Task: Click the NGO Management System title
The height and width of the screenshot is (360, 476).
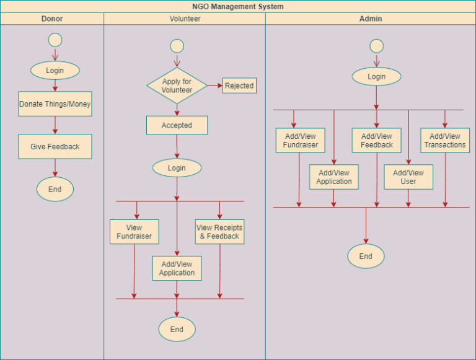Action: coord(238,7)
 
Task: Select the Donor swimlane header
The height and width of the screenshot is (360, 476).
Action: coord(52,19)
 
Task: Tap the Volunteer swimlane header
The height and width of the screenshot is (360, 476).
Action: coord(185,19)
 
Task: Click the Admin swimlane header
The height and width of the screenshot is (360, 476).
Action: coord(371,19)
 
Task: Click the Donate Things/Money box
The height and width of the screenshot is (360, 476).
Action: coord(55,104)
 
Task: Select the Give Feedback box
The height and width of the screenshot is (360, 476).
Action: coord(55,147)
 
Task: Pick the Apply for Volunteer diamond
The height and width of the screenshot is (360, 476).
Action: coord(177,86)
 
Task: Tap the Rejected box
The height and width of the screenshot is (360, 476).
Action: coord(239,86)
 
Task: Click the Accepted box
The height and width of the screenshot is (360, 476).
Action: coord(177,125)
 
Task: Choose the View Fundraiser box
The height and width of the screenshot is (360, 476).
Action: coord(134,232)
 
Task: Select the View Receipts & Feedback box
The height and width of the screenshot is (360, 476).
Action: coord(219,232)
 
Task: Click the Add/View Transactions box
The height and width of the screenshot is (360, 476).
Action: coord(444,141)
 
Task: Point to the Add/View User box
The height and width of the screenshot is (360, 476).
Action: coord(408,177)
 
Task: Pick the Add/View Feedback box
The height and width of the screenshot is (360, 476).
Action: coord(376,141)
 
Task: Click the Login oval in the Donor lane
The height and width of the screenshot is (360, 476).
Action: coord(55,71)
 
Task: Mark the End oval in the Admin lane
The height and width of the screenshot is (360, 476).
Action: coord(366,257)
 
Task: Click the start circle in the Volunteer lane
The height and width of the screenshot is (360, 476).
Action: coord(177,46)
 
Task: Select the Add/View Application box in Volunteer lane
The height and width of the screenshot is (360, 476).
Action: coord(177,268)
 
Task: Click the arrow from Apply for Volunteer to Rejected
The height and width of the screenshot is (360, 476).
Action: coord(214,86)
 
